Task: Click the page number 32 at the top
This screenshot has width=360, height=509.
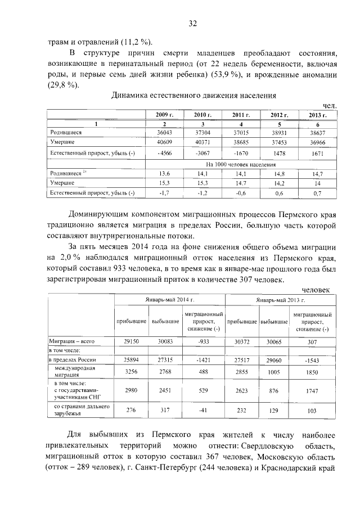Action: [193, 23]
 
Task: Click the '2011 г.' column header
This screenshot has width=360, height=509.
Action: [241, 115]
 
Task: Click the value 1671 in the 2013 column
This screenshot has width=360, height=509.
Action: [318, 153]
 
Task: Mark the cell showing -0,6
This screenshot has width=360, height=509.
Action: [241, 194]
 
